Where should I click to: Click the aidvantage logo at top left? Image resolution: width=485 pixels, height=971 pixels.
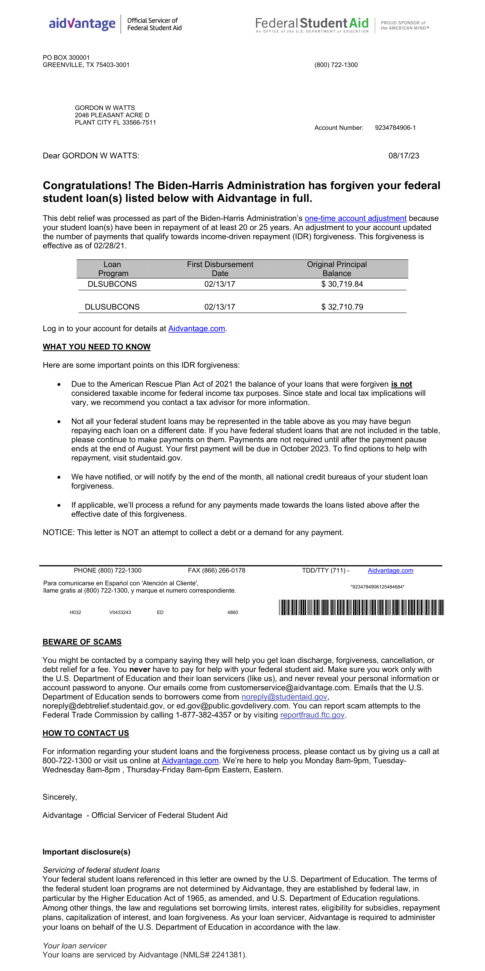coord(82,24)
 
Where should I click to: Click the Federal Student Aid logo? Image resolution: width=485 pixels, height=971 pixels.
coord(312,24)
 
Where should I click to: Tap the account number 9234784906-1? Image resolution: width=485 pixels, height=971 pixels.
coord(395,128)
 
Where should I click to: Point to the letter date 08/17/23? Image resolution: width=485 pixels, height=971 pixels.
coord(404,156)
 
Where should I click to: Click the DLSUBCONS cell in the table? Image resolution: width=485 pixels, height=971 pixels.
coord(112,284)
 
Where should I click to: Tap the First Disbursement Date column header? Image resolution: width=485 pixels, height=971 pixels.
coord(220,269)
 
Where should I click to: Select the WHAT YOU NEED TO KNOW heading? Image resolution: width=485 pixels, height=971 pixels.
coord(96,347)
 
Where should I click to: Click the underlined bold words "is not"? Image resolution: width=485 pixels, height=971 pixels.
coord(401,384)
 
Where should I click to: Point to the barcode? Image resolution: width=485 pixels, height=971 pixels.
coord(361,607)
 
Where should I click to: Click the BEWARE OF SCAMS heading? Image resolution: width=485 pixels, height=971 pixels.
coord(82,642)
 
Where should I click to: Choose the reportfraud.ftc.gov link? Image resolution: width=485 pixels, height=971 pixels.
coord(312,715)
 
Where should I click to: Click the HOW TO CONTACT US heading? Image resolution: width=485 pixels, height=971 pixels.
coord(86,733)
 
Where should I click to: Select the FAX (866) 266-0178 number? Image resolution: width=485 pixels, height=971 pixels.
coord(217,570)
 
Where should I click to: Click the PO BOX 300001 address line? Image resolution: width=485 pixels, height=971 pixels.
coord(66,58)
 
